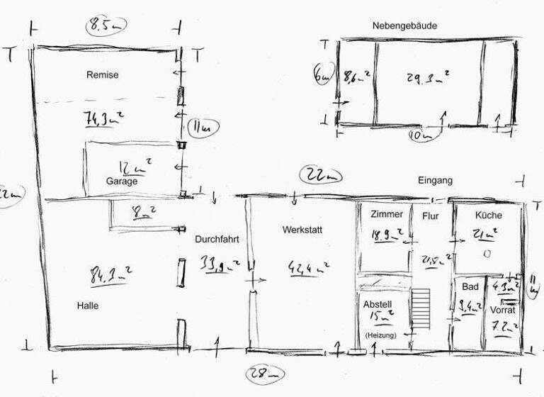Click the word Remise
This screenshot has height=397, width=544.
103,74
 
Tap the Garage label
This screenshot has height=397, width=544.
122,181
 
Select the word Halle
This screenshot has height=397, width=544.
88,306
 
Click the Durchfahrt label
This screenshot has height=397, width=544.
217,240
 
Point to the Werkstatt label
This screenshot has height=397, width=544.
302,230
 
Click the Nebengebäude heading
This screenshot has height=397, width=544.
404,26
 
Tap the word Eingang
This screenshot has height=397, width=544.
435,181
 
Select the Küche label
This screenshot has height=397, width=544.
489,214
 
